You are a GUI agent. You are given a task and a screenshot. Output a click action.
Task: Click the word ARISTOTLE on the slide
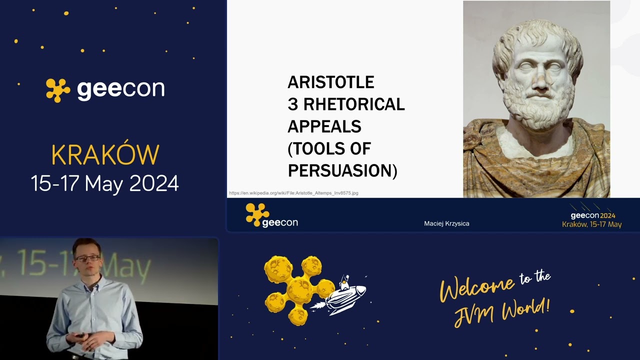click(330, 82)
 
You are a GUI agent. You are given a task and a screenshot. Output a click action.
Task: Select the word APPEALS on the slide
click(324, 126)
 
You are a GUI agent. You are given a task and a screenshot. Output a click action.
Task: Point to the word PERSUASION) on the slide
click(342, 170)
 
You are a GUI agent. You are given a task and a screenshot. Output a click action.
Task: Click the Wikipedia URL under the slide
click(293, 193)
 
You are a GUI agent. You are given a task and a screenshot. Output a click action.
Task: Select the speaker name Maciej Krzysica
click(446, 223)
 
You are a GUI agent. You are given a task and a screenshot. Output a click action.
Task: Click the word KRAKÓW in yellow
click(105, 155)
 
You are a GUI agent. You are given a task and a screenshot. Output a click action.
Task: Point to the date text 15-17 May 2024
click(105, 183)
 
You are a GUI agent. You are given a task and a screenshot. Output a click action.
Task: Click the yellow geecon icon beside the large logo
click(58, 90)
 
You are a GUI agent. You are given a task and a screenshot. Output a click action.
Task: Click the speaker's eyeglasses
click(88, 258)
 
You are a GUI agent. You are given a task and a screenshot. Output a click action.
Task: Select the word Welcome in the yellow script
click(477, 287)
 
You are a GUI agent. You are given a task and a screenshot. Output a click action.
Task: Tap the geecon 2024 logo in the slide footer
click(592, 215)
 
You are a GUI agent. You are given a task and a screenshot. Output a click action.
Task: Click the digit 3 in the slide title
click(292, 104)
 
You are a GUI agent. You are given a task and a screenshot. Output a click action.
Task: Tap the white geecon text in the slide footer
click(280, 222)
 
